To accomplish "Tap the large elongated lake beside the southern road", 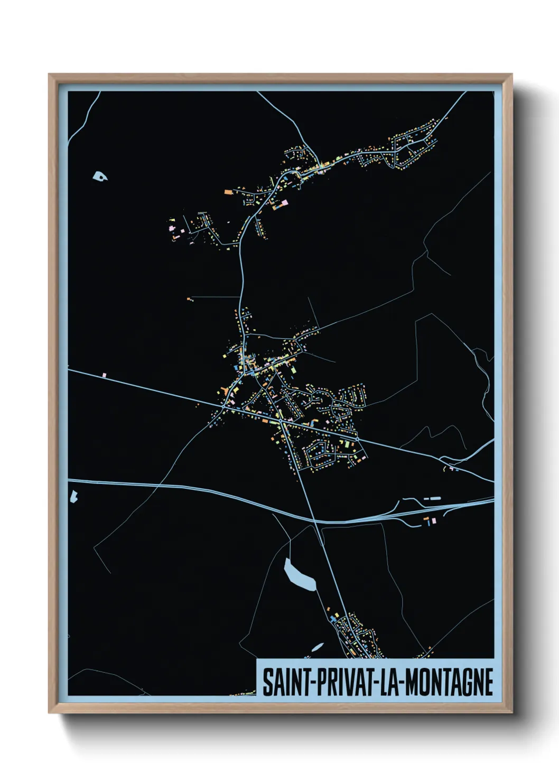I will pyautogui.click(x=300, y=575).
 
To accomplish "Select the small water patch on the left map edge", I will pyautogui.click(x=73, y=496).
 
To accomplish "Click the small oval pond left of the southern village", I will pyautogui.click(x=317, y=647).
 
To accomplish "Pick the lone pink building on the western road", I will pyautogui.click(x=105, y=375).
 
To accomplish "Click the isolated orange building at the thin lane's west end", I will pyautogui.click(x=189, y=299).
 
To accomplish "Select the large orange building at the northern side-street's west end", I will pyautogui.click(x=228, y=192).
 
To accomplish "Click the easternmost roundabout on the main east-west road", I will pyautogui.click(x=358, y=438).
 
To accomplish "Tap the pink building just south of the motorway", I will pyautogui.click(x=434, y=520).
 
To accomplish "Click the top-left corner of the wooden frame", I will pyautogui.click(x=50, y=75).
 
